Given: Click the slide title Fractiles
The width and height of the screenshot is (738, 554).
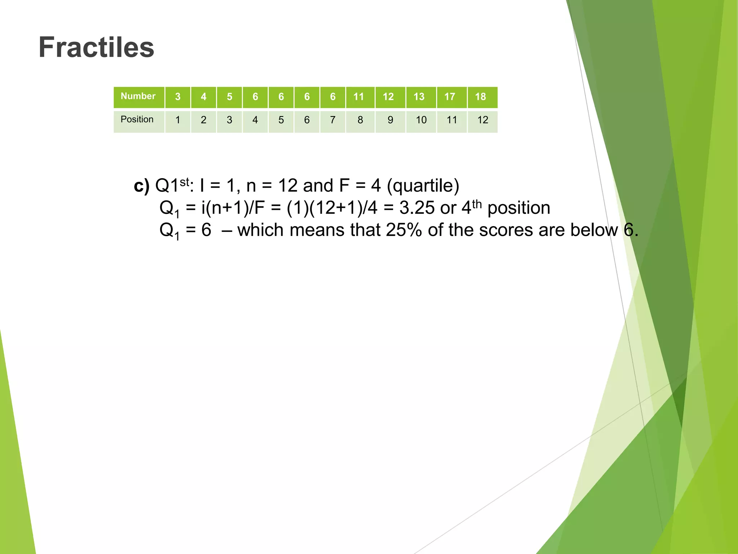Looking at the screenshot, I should click(x=96, y=47).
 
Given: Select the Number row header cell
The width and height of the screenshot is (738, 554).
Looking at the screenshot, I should click(x=138, y=96).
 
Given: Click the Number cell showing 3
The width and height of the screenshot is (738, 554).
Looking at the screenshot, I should click(x=178, y=97).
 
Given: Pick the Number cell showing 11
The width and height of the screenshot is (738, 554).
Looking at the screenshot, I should click(x=359, y=97).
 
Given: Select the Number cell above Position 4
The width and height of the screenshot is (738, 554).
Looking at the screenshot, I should click(x=255, y=97).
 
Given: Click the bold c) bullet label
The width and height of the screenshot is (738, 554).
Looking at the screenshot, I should click(x=141, y=186).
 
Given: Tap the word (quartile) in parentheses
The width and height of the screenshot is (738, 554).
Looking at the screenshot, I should click(x=423, y=186).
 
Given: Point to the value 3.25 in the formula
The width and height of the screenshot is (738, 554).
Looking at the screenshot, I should click(x=417, y=208).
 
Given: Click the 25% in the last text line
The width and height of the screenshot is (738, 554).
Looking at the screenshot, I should click(x=404, y=230).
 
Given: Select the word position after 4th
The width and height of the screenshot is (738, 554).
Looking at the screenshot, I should click(x=519, y=208).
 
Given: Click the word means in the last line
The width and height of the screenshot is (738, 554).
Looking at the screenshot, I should click(x=317, y=230).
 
